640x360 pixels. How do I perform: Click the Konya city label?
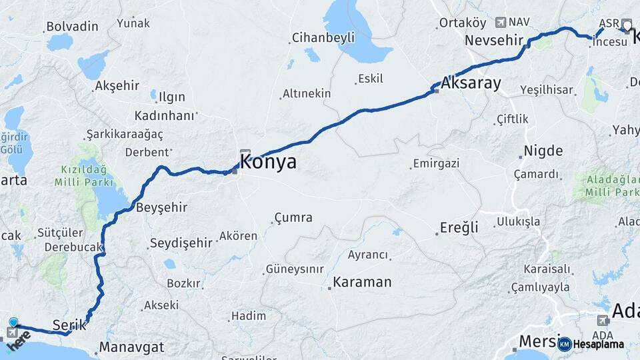(267, 162)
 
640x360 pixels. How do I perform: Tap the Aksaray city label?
(471, 84)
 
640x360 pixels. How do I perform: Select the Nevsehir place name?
(494, 40)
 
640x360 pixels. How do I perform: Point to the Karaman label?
(362, 282)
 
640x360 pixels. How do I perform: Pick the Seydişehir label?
(181, 243)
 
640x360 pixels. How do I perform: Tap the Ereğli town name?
(459, 227)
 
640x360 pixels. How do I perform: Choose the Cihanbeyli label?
(323, 38)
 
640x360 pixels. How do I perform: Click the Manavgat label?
(131, 347)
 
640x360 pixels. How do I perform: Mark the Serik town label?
(69, 325)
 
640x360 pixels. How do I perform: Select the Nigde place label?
(543, 150)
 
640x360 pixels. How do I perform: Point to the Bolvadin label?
(71, 27)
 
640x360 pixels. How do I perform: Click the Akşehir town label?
(117, 85)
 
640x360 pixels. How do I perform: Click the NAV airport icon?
(501, 22)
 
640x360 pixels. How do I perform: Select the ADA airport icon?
(603, 320)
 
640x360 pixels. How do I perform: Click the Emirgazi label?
(437, 163)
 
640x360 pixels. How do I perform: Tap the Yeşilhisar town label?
(546, 89)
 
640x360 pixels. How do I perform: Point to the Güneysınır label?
(295, 269)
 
